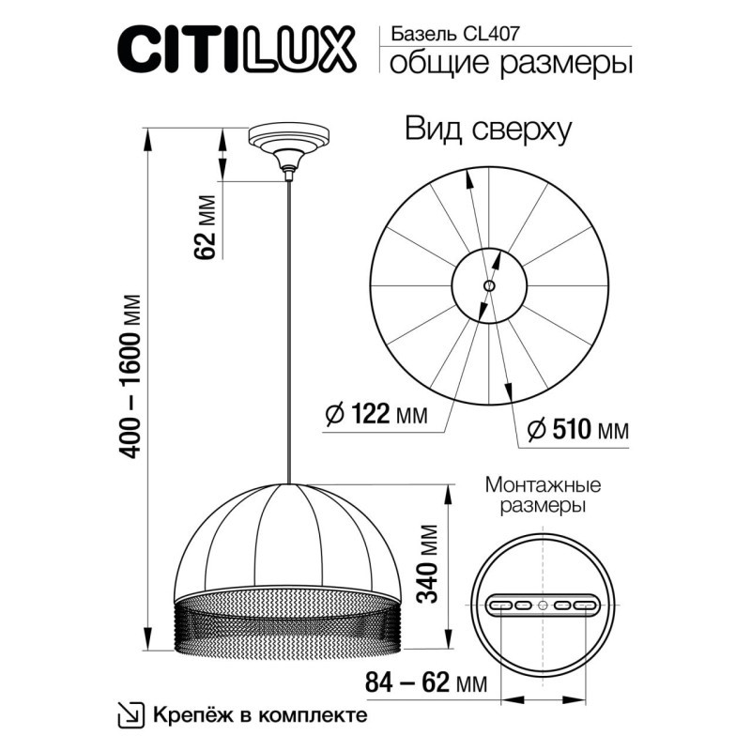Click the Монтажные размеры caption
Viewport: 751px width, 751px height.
click(543, 496)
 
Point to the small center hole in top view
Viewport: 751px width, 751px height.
click(488, 286)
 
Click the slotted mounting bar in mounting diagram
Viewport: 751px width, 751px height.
click(544, 605)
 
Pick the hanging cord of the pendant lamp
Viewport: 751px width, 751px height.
click(289, 329)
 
